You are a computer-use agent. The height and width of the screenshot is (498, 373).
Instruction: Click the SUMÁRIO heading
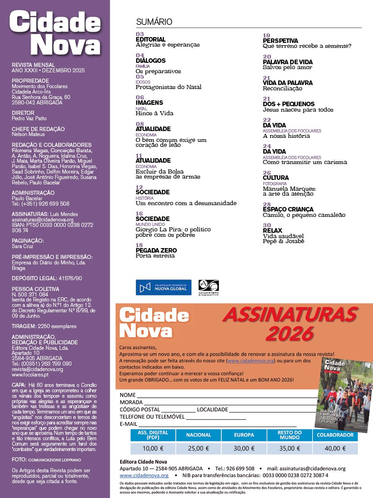154,22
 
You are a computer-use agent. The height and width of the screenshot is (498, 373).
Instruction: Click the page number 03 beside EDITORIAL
140,34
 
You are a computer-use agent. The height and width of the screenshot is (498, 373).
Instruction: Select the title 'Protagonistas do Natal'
168,87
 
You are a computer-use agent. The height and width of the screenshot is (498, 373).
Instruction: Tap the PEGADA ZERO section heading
156,250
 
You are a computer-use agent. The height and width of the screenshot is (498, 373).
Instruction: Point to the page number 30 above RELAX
267,226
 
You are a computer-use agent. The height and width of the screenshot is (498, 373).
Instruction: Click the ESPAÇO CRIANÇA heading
288,210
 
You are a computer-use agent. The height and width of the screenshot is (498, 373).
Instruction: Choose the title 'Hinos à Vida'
154,113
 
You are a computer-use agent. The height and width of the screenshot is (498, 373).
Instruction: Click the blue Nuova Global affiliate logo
163,287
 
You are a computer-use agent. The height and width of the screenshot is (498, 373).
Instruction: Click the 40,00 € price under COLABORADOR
335,449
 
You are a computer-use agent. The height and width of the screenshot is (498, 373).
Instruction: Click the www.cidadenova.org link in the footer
144,475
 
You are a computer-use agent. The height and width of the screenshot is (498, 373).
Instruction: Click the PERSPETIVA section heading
280,41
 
